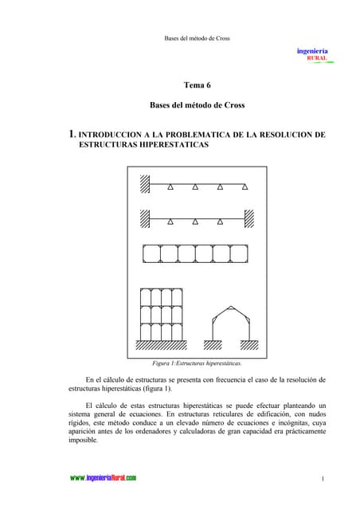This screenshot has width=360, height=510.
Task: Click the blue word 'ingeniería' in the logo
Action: pos(312,50)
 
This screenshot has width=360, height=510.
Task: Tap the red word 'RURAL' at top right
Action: pos(317,58)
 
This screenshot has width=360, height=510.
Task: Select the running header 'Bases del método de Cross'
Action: pos(197,38)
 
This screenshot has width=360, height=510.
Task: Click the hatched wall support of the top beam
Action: pos(146,182)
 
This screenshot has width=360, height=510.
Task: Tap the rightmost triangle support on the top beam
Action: pos(245,187)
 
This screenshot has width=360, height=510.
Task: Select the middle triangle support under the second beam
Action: pos(196,221)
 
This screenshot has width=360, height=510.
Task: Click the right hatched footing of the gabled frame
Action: pos(248,345)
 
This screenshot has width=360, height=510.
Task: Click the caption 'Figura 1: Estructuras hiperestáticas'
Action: pos(197,363)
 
